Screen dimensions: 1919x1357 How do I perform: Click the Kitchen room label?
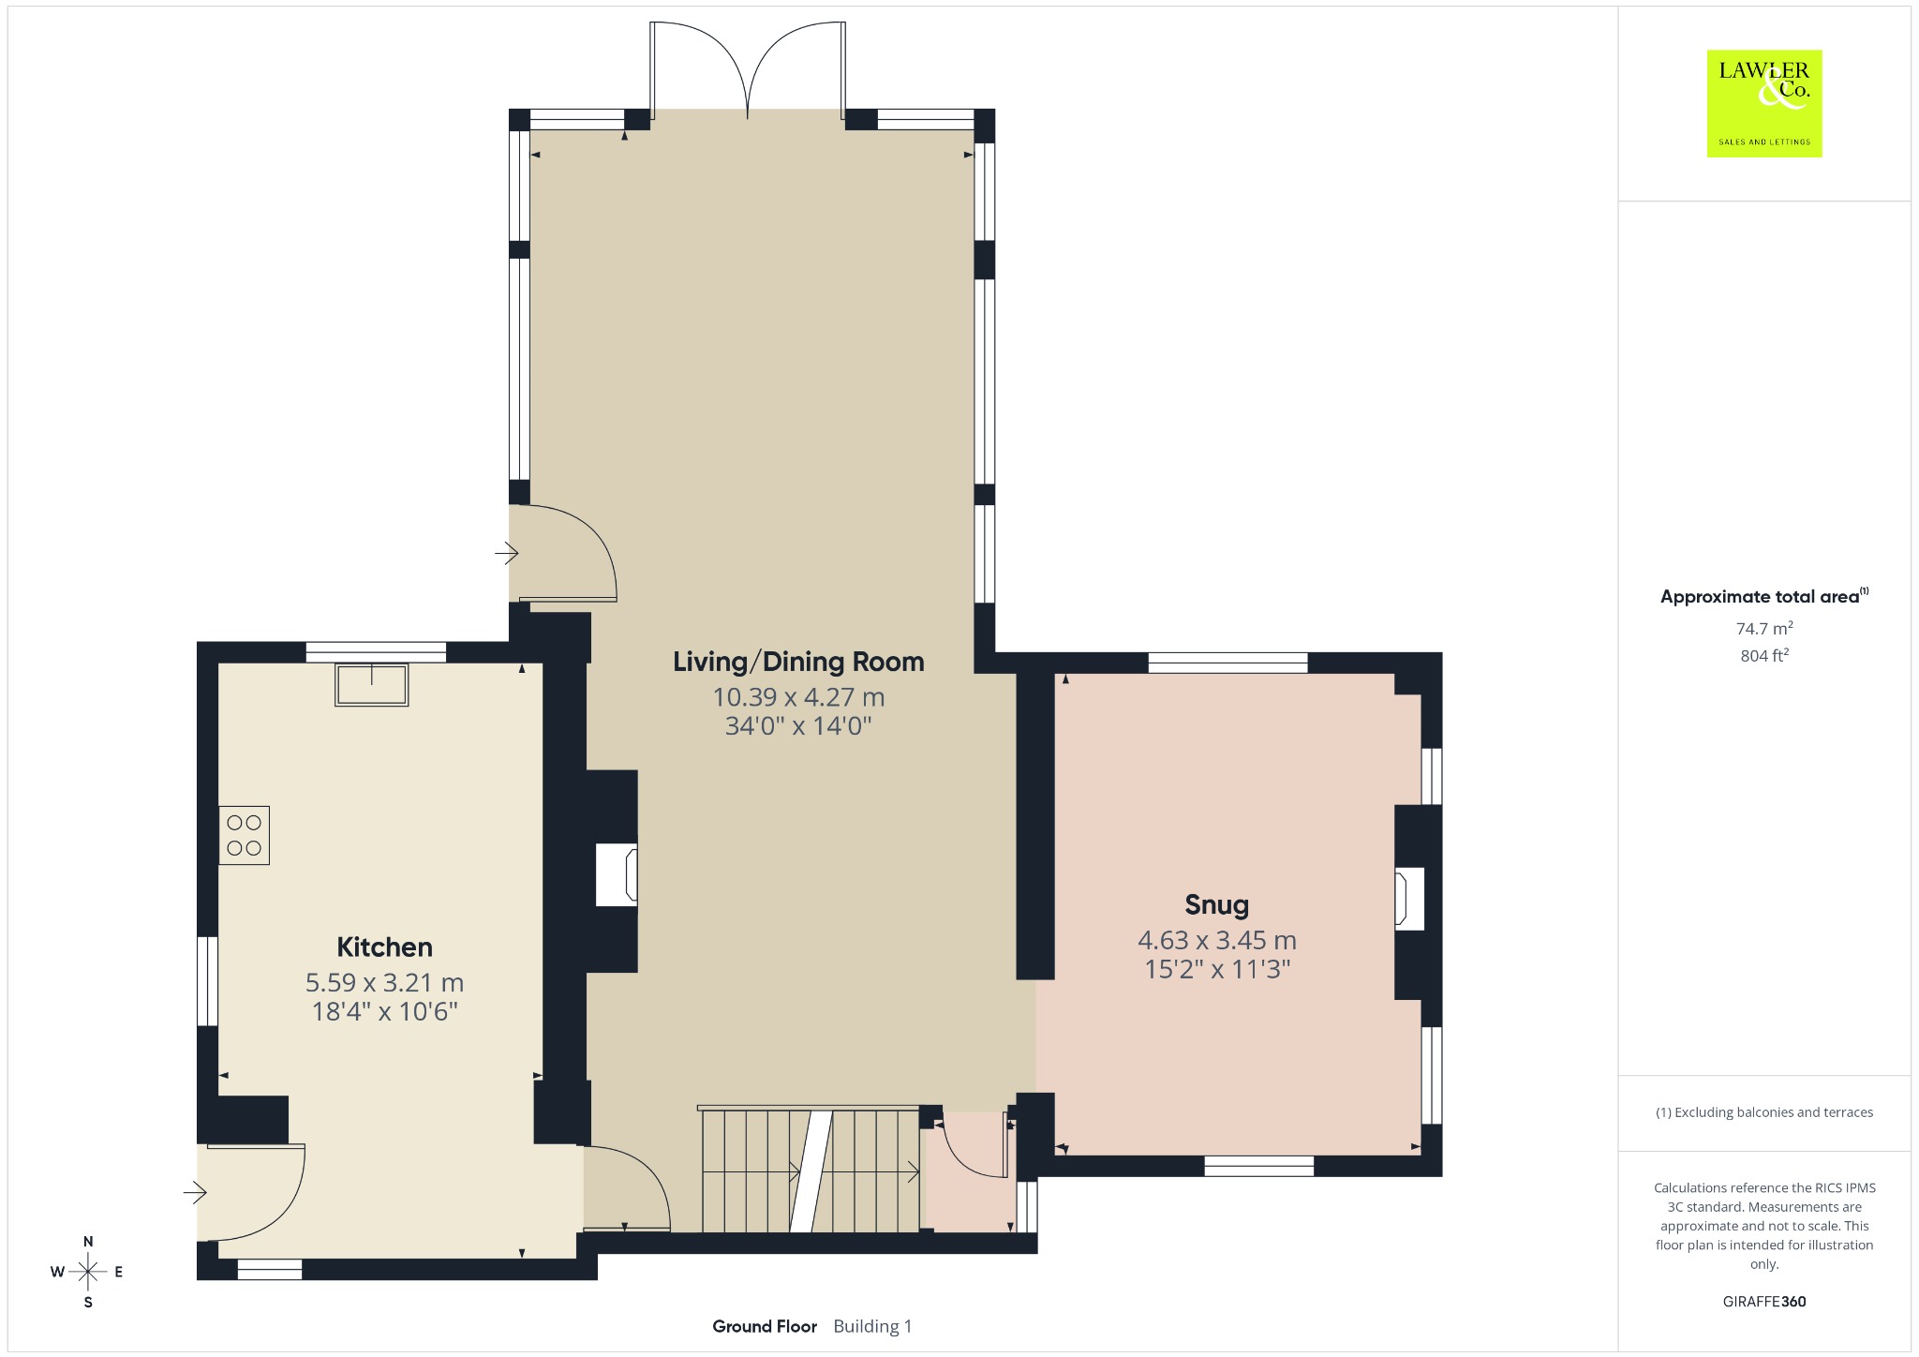(x=384, y=947)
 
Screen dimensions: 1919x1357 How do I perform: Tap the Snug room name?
(x=1216, y=905)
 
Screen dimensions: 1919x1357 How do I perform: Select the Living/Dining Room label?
(x=798, y=662)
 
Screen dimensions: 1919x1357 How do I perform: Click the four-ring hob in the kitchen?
(x=244, y=835)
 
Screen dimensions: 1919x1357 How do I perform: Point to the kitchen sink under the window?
(x=372, y=684)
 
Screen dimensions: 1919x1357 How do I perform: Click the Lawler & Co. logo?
(x=1764, y=103)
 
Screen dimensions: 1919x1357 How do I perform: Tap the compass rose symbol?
(x=88, y=1272)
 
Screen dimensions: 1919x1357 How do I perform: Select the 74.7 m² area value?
(x=1764, y=628)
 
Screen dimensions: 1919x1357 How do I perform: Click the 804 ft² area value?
(x=1764, y=656)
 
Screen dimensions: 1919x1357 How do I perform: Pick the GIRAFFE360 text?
(x=1764, y=1302)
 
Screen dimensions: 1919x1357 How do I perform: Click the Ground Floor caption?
(x=765, y=1326)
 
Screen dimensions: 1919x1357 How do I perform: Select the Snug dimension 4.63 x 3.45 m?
(x=1217, y=940)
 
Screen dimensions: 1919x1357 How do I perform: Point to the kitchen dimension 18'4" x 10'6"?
(x=384, y=1011)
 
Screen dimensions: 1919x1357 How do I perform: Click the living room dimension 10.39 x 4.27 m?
(x=798, y=697)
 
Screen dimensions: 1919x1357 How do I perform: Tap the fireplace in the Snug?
(x=1409, y=899)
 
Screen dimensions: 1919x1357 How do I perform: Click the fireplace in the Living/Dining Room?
(x=617, y=874)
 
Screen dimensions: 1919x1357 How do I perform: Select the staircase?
(x=810, y=1170)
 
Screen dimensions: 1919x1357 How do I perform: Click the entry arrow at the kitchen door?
(x=195, y=1193)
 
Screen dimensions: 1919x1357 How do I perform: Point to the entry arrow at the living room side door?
(x=507, y=554)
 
